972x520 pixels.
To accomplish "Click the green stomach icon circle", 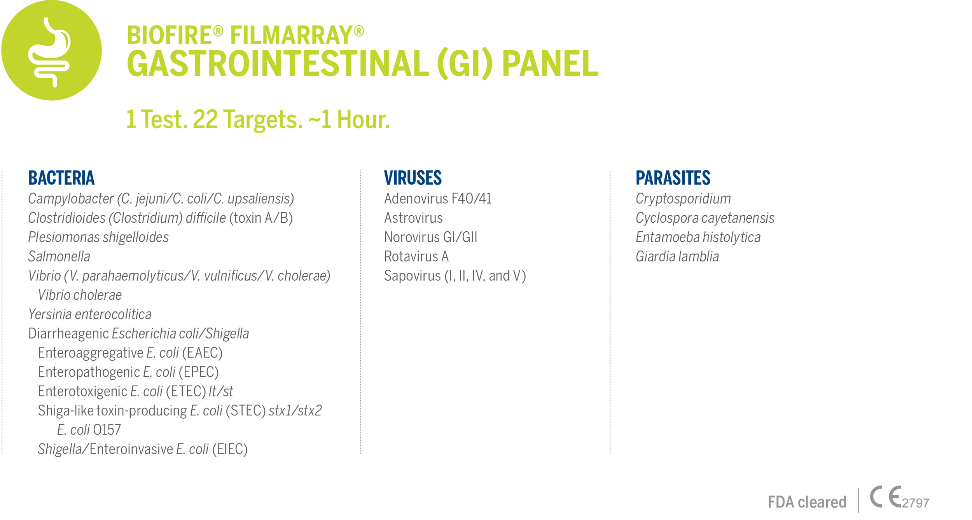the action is [51, 50].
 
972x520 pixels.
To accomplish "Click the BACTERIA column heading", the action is [61, 178].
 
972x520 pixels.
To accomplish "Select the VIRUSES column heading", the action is [413, 178].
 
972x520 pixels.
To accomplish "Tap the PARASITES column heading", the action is [673, 178].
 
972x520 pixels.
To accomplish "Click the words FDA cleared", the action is [807, 502].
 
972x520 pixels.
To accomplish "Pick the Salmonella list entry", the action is [59, 257].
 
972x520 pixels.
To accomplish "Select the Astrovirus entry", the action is [413, 218].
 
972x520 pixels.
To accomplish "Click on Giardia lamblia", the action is [677, 257].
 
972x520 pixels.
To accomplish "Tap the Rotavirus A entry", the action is [416, 257].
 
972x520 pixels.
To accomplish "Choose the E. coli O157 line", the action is [89, 430].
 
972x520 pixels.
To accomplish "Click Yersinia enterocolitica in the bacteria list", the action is [90, 314].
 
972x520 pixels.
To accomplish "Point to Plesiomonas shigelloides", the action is [98, 237].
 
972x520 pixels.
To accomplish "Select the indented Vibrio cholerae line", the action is [80, 295].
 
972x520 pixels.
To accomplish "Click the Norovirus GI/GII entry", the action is [431, 237].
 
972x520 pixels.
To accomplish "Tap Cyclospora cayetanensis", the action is [705, 218].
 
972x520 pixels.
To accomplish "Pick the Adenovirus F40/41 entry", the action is [438, 199].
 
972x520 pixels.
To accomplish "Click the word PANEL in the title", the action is [550, 63].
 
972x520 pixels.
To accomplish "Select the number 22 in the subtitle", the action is [205, 119].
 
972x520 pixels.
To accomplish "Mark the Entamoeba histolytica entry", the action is [698, 237].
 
